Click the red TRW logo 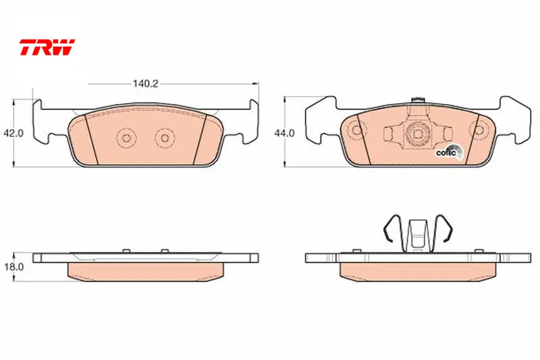(47, 47)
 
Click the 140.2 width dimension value (145, 84)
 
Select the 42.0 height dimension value (13, 133)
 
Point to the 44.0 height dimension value (284, 133)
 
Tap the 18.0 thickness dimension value (13, 267)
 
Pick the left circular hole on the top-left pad (126, 138)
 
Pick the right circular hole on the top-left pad (165, 138)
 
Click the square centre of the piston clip (417, 134)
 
